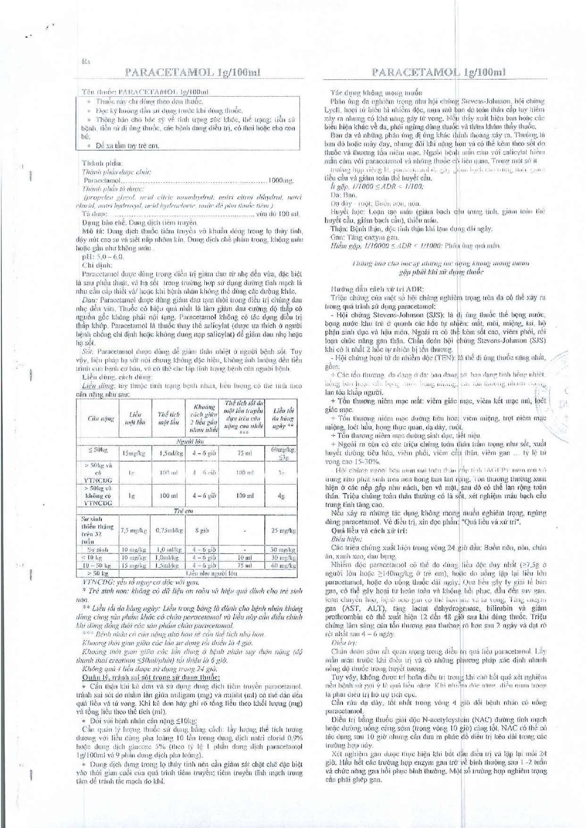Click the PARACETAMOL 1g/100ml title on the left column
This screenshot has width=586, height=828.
click(x=192, y=72)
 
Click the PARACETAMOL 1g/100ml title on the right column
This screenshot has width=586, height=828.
click(x=438, y=72)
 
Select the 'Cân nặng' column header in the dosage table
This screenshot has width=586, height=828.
click(x=100, y=418)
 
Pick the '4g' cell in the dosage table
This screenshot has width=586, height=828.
click(x=282, y=496)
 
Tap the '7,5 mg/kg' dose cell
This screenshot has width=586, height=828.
click(x=134, y=530)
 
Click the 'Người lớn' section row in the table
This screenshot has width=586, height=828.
click(x=186, y=442)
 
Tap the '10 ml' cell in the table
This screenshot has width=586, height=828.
click(x=244, y=558)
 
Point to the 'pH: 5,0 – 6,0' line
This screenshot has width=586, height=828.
click(x=102, y=256)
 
